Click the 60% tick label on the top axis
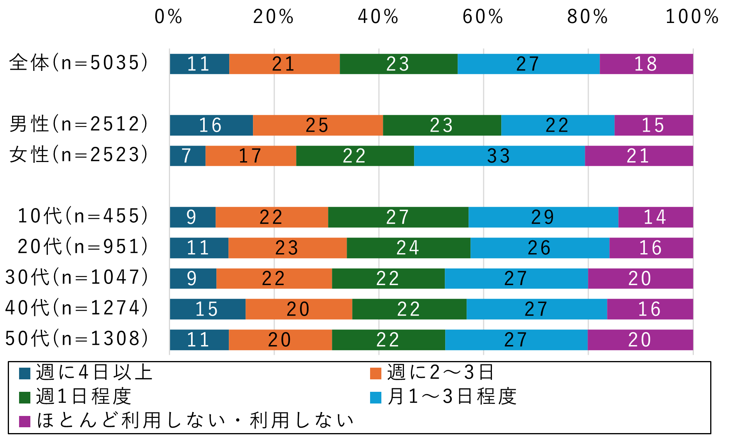tap(483, 17)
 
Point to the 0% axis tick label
tap(168, 17)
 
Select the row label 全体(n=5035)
tap(79, 63)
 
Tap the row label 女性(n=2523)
tap(79, 155)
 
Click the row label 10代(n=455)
tap(83, 216)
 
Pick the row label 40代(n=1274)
tap(77, 308)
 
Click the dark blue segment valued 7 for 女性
tap(188, 156)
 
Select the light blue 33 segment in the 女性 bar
tap(499, 156)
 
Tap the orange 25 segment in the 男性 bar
tap(318, 125)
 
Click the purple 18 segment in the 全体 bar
tap(646, 64)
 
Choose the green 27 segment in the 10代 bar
tap(398, 217)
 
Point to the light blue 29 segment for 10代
tap(543, 217)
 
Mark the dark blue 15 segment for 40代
tap(207, 309)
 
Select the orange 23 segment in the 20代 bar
tap(287, 248)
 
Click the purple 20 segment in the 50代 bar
tap(640, 340)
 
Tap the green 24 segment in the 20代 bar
tap(408, 248)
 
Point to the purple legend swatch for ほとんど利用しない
tap(25, 421)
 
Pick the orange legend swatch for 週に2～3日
tap(376, 373)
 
